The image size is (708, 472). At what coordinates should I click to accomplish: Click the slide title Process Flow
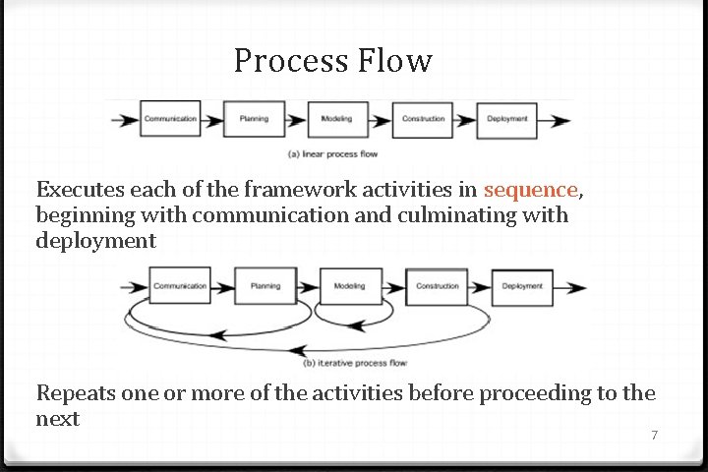point(332,62)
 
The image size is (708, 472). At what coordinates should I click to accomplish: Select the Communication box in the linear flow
point(170,119)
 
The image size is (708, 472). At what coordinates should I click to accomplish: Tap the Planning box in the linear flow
point(254,119)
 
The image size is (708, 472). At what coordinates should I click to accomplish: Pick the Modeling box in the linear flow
point(337,119)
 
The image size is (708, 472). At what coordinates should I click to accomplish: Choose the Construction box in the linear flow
point(423,119)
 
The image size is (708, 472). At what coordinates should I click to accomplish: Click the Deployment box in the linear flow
point(507,119)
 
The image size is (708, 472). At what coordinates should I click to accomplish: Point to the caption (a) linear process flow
point(332,153)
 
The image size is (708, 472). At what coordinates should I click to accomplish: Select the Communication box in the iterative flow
point(180,286)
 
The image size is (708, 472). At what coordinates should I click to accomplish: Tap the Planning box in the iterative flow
point(265,286)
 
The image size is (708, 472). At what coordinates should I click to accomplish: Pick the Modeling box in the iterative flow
point(349,286)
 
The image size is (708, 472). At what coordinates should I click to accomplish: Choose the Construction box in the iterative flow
point(437,286)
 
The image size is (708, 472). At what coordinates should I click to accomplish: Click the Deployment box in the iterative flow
point(522,286)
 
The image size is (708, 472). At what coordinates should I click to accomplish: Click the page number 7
point(654,434)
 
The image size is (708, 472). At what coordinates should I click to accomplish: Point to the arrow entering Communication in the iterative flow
point(134,287)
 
